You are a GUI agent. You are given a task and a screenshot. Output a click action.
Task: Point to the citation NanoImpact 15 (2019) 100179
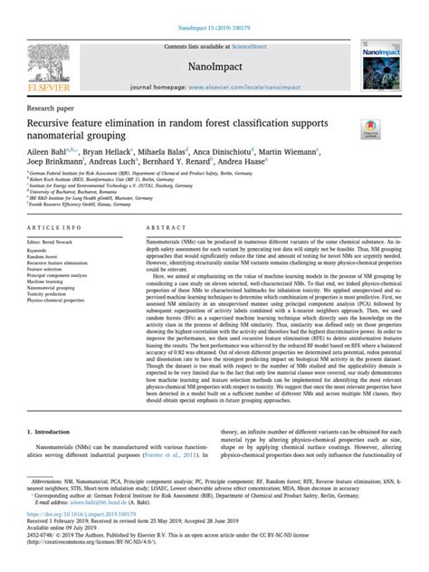point(214,7)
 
